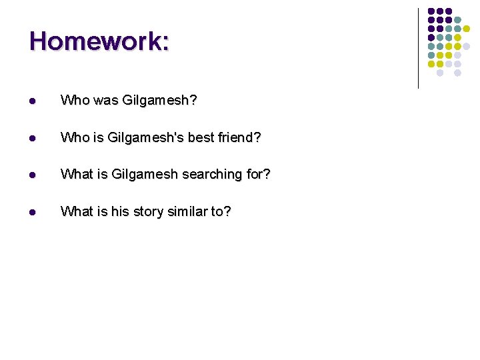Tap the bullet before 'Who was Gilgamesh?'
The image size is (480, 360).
pyautogui.click(x=32, y=101)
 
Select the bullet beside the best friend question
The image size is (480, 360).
pyautogui.click(x=32, y=138)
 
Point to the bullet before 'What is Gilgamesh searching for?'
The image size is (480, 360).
pyautogui.click(x=32, y=175)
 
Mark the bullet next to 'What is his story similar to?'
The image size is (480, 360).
pyautogui.click(x=32, y=212)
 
